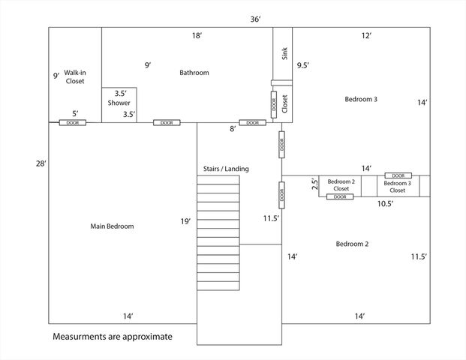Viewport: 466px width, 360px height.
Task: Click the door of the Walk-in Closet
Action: pos(73,123)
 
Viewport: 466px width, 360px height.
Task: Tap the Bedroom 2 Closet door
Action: pos(340,196)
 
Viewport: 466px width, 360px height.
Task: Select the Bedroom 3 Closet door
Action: pos(398,175)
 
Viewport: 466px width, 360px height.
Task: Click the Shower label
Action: pos(119,103)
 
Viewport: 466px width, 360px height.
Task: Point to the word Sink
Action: pos(284,53)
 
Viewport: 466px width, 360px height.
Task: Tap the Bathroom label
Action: pos(194,73)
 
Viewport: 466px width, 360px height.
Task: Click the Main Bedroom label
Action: pos(112,226)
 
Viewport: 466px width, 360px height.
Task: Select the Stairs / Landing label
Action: pos(226,169)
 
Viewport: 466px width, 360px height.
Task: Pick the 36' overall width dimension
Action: pos(255,19)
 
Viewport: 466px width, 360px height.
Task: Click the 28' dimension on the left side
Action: pos(41,163)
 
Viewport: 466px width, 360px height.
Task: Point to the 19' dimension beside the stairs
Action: pos(185,221)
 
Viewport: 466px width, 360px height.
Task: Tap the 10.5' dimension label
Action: pos(386,204)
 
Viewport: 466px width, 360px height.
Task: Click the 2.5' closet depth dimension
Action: pos(315,183)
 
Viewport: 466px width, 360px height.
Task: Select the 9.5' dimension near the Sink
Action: pos(303,65)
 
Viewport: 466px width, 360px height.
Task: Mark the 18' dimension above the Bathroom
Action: pos(197,36)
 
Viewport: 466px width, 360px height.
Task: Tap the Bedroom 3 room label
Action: pos(361,99)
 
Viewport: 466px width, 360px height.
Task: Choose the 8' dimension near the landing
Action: pos(233,129)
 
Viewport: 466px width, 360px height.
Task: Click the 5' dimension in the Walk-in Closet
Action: pos(75,114)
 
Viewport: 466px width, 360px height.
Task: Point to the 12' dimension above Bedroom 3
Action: pos(366,36)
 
